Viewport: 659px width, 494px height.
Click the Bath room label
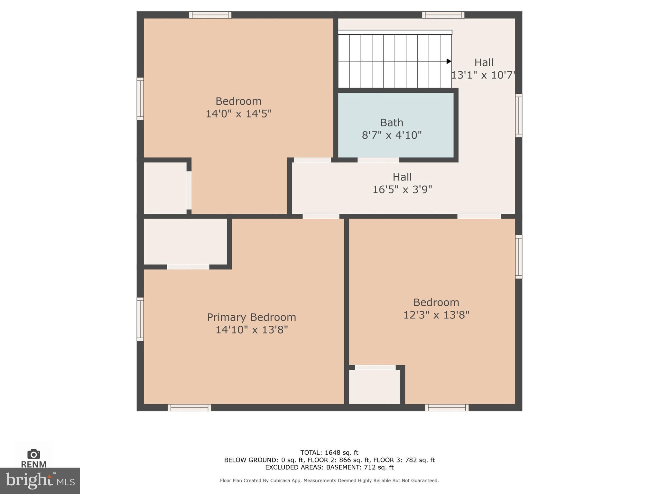click(391, 123)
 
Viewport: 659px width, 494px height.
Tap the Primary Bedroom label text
click(251, 317)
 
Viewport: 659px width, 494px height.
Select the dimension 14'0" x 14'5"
click(238, 114)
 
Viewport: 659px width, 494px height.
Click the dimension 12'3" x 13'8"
click(436, 315)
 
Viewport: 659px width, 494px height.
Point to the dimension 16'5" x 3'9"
click(402, 190)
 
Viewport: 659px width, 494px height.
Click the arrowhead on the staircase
click(449, 61)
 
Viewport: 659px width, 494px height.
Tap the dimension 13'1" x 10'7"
click(483, 75)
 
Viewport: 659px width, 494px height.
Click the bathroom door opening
click(378, 160)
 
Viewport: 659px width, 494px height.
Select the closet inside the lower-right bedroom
click(375, 387)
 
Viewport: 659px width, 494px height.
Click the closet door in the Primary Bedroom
click(188, 267)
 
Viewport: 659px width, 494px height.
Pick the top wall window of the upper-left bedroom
click(210, 15)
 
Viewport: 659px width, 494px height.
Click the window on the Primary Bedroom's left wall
click(140, 319)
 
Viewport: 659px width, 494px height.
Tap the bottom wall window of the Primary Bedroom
click(189, 407)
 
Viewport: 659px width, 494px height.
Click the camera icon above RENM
click(34, 454)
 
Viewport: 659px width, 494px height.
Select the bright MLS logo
click(40, 481)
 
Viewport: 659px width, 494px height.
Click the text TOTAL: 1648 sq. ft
click(329, 452)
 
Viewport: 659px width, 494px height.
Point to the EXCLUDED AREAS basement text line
click(329, 467)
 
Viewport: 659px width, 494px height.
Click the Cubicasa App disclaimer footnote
click(329, 480)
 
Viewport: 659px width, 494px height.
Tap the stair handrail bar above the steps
click(395, 32)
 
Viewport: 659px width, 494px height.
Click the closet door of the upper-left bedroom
click(189, 190)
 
